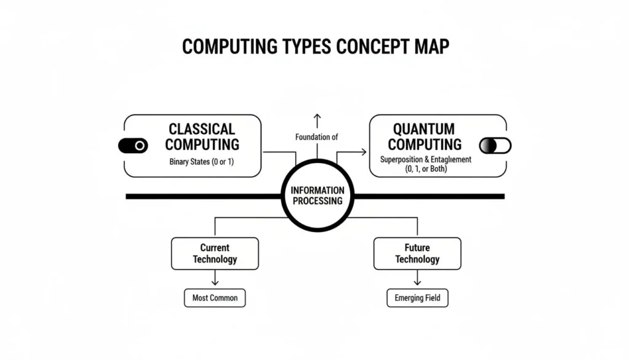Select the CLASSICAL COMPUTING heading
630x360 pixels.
[x=202, y=137]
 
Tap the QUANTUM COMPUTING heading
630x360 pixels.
[x=425, y=137]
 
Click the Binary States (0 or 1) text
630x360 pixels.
[x=202, y=162]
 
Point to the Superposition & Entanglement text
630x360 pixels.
[x=425, y=159]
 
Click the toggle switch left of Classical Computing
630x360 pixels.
[x=132, y=146]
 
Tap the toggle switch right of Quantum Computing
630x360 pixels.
[x=495, y=145]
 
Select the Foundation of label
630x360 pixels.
[x=316, y=137]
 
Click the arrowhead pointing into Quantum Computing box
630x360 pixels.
[x=363, y=151]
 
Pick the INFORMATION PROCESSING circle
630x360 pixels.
[x=316, y=196]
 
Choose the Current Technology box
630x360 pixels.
[x=214, y=254]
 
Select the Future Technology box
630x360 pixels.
[x=417, y=254]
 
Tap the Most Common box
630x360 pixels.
[x=215, y=298]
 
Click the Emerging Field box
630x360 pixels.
[x=417, y=298]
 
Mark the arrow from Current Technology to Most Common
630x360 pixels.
[x=215, y=279]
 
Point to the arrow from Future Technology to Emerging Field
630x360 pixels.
[x=417, y=279]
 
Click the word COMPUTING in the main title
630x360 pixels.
[x=225, y=47]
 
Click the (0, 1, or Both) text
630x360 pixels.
[x=425, y=169]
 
